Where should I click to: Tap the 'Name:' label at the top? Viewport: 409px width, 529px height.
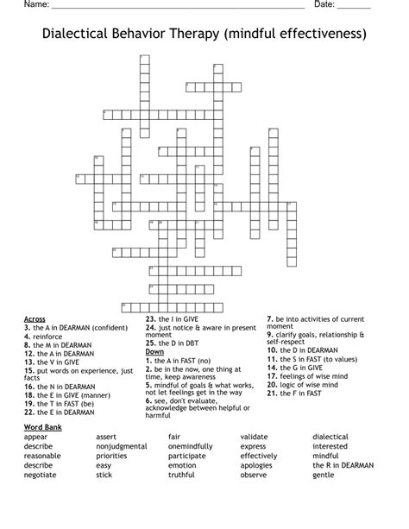point(35,5)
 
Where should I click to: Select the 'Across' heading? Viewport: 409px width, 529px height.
point(35,318)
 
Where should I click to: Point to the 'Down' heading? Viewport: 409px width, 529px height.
point(154,351)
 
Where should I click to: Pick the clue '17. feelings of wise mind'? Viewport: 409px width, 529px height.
point(308,375)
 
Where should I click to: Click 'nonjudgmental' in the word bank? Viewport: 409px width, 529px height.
point(122,446)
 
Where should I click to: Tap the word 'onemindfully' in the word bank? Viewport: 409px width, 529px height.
point(192,446)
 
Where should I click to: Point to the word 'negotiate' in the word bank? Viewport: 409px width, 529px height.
point(41,475)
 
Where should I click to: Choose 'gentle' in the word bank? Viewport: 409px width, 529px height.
point(324,475)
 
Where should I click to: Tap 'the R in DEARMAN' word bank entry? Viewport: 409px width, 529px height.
point(343,465)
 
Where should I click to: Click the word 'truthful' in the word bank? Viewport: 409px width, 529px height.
point(182,475)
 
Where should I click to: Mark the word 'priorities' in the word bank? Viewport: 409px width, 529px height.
point(112,456)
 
